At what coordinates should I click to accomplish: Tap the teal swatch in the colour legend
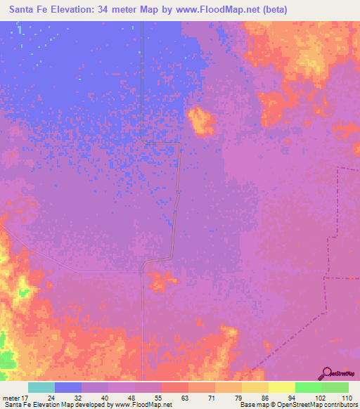tap(41, 387)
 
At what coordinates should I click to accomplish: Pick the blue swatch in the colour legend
tap(68, 387)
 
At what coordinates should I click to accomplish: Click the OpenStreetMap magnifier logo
tap(328, 374)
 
